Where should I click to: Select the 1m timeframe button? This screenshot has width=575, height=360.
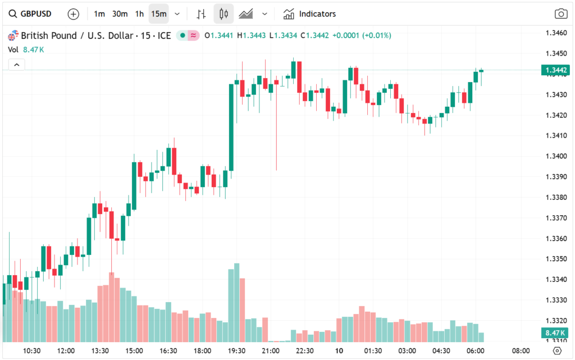(x=99, y=13)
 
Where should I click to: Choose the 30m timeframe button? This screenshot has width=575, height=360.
(x=120, y=13)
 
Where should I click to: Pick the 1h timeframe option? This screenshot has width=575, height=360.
(x=139, y=13)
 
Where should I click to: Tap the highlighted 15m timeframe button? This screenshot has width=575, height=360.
(x=159, y=13)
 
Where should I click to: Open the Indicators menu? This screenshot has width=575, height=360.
(x=309, y=13)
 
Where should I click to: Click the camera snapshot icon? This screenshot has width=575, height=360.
(x=560, y=14)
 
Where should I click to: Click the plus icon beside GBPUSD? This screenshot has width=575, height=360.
(x=73, y=13)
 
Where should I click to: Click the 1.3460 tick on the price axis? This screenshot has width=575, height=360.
(x=556, y=33)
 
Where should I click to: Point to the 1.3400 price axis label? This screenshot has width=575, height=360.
(x=556, y=156)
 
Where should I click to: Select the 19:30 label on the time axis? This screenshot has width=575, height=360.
(x=236, y=350)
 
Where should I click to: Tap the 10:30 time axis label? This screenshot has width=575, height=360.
(x=31, y=350)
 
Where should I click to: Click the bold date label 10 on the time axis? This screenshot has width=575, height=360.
(x=339, y=350)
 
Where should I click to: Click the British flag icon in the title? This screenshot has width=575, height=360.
(x=12, y=36)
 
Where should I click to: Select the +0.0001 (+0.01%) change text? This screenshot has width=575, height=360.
(x=362, y=36)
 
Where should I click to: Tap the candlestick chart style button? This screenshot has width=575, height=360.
(x=223, y=13)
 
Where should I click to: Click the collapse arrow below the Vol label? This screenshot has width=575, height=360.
(x=17, y=65)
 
